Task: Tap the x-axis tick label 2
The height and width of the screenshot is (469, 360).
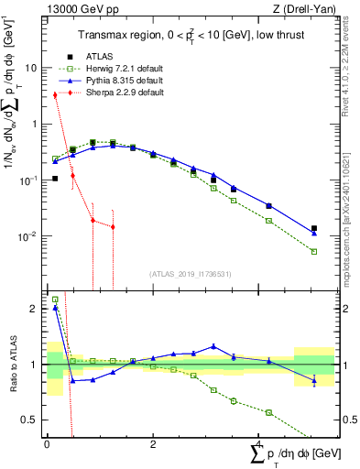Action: click(x=153, y=444)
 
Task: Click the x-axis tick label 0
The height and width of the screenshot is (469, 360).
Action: click(x=47, y=444)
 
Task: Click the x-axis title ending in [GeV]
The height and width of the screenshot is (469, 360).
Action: click(x=291, y=454)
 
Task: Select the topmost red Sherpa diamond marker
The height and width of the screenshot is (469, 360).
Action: click(x=55, y=94)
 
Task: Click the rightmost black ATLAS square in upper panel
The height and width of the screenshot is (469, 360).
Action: click(x=314, y=228)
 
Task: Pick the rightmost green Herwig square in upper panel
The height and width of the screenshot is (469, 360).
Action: click(x=314, y=251)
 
